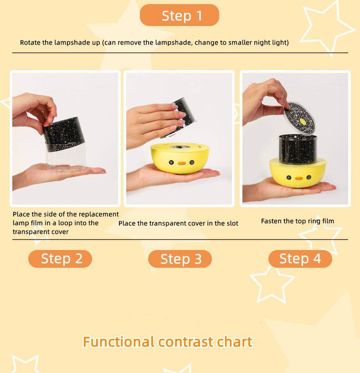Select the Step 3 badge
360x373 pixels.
180,259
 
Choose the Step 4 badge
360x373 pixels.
300,259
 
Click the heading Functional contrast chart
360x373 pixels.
167,342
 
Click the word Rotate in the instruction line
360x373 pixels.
30,42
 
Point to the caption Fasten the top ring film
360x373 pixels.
297,221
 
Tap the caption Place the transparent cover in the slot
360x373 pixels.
178,223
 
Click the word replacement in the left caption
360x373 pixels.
98,214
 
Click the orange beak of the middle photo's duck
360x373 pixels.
181,163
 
